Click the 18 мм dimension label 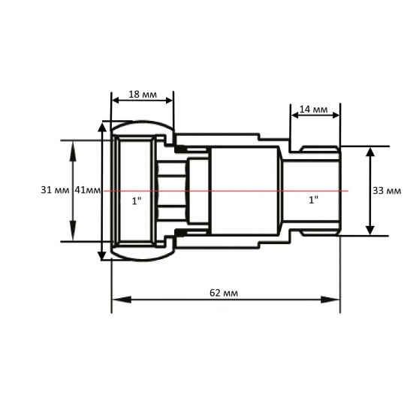point(143,95)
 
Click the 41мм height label point(87,190)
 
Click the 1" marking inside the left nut point(136,201)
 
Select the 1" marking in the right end point(313,200)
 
